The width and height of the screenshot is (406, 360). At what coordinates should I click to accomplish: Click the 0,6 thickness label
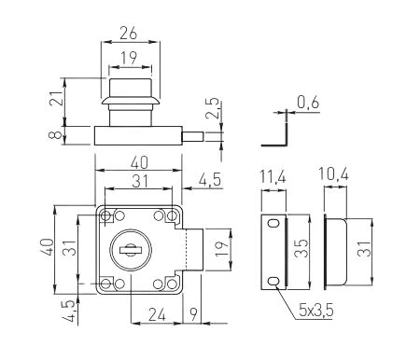306,102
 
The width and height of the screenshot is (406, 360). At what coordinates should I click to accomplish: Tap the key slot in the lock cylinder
132,249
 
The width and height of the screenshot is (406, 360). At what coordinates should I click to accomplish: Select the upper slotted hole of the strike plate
272,224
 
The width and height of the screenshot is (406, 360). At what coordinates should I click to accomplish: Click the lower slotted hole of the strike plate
272,281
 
